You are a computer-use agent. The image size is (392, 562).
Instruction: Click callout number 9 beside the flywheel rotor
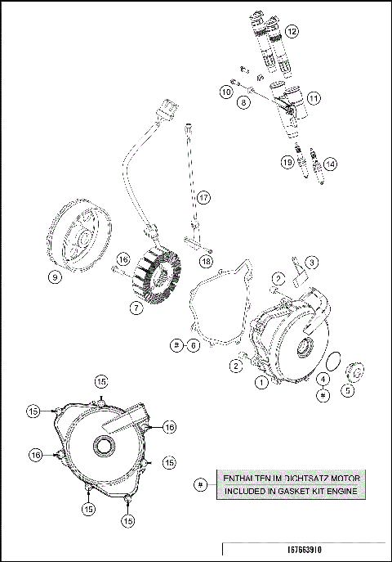pyautogui.click(x=55, y=277)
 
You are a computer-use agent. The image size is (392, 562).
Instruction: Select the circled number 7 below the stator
pyautogui.click(x=136, y=308)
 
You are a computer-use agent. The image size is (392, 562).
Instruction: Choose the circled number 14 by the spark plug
pyautogui.click(x=330, y=163)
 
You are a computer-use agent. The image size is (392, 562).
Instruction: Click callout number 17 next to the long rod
pyautogui.click(x=203, y=197)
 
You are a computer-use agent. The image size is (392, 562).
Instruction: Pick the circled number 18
pyautogui.click(x=206, y=260)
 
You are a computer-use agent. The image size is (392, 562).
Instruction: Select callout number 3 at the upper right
pyautogui.click(x=311, y=261)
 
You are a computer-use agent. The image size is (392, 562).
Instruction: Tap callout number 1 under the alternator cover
pyautogui.click(x=260, y=380)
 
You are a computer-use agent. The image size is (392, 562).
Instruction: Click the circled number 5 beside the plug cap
pyautogui.click(x=348, y=390)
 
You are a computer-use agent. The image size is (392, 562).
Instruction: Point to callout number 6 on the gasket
pyautogui.click(x=193, y=346)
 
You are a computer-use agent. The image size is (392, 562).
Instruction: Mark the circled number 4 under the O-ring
pyautogui.click(x=323, y=379)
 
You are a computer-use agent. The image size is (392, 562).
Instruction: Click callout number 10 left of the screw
pyautogui.click(x=225, y=93)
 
